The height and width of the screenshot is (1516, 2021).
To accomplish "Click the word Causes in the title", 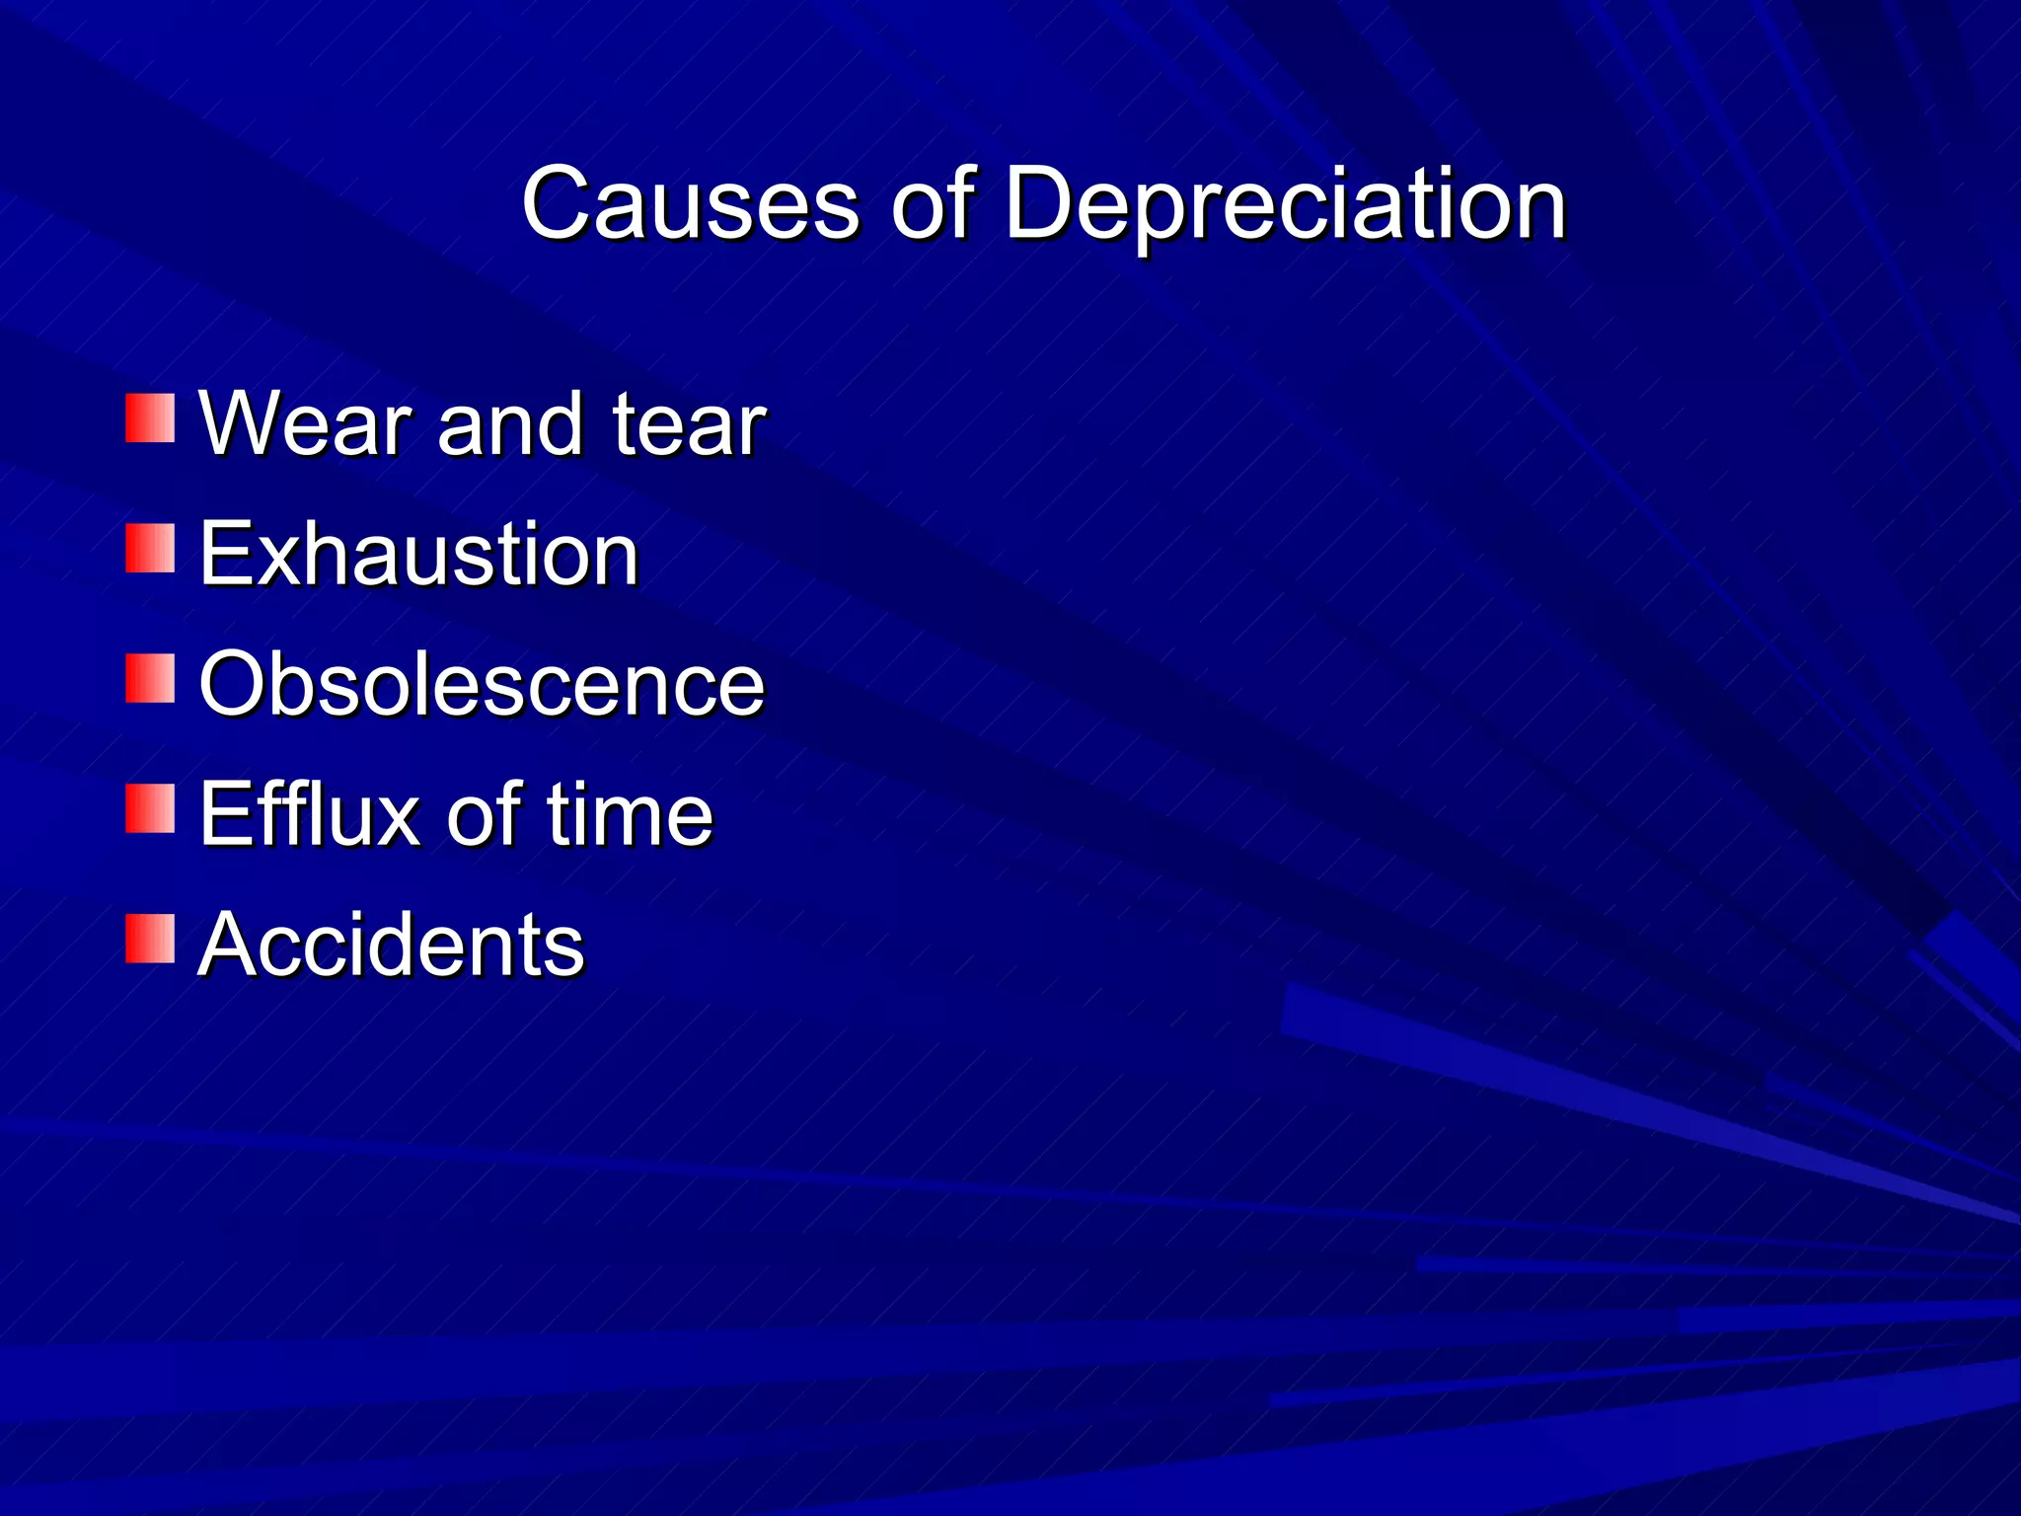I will tap(690, 203).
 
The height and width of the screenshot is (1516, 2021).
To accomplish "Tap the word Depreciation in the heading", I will tap(1285, 205).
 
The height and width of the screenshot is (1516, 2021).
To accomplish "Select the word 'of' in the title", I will tap(933, 203).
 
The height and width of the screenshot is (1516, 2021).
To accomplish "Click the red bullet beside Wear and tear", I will tap(150, 417).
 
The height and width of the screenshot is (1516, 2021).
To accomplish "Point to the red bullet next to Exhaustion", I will tap(150, 548).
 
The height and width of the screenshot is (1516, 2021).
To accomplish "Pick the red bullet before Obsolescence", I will tap(150, 678).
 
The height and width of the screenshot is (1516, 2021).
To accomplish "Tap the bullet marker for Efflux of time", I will tap(150, 808).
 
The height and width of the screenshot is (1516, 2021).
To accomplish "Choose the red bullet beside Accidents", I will tap(150, 939).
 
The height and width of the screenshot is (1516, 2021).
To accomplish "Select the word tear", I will tap(689, 424).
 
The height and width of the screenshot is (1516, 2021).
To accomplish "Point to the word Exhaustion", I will tap(419, 554).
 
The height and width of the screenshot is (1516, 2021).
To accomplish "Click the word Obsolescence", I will tap(482, 684).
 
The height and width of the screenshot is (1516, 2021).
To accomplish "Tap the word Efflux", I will tap(309, 814).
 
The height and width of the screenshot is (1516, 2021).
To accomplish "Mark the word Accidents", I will tap(392, 945).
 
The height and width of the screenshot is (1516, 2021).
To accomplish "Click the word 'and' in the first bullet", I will tap(510, 424).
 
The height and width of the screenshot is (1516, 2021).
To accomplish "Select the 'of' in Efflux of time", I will tap(484, 814).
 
